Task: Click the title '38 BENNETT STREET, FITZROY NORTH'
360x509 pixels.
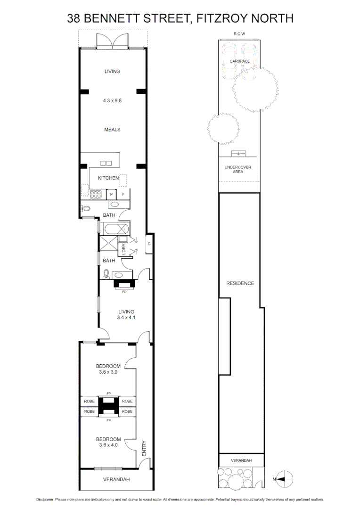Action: [x=180, y=18]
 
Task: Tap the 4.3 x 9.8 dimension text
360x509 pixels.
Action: [x=113, y=100]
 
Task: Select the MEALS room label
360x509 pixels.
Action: [x=113, y=130]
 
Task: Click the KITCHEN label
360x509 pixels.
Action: [x=108, y=178]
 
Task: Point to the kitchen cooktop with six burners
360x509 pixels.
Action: [x=96, y=194]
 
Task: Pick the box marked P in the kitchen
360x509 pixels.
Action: [x=112, y=194]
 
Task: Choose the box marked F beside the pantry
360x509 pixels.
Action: [x=123, y=194]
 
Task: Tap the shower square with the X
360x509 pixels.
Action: [x=107, y=245]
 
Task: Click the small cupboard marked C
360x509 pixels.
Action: [x=149, y=244]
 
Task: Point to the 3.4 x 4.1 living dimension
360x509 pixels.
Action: [x=126, y=318]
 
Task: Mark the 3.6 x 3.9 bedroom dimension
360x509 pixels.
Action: [x=108, y=372]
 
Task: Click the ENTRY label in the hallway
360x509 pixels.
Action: [x=144, y=448]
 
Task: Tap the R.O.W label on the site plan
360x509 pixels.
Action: [x=239, y=34]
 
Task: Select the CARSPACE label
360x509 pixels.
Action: [x=239, y=61]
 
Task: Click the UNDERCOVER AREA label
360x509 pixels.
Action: [x=237, y=170]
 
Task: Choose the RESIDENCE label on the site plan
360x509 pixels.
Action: [x=240, y=283]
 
